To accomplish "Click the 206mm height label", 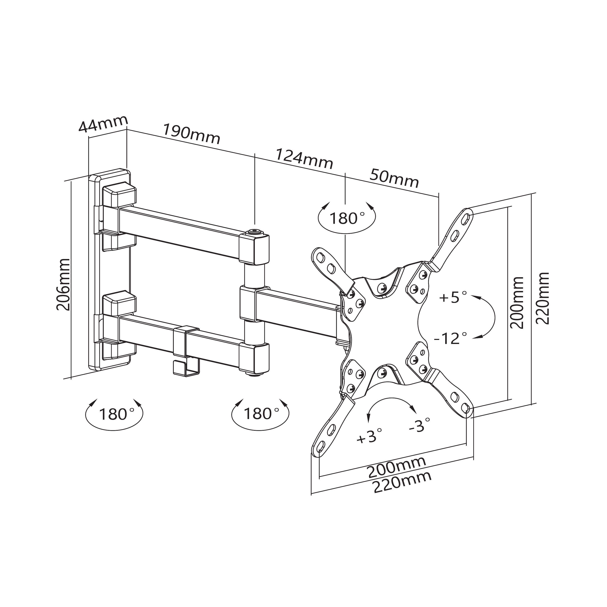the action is coord(63,284).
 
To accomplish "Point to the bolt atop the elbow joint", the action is coord(255,233).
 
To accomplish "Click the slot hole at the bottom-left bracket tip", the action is coord(321,446).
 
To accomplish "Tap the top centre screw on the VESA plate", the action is coord(382,287).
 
